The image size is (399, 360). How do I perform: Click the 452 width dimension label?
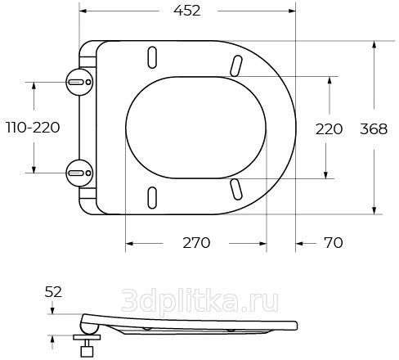(187, 11)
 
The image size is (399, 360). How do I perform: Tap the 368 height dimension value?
(374, 129)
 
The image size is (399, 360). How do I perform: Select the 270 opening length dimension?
(196, 243)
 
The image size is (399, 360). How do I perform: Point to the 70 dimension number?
(334, 242)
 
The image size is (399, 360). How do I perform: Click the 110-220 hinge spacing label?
(33, 128)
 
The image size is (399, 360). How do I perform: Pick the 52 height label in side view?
(53, 292)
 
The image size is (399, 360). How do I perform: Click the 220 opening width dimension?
(329, 129)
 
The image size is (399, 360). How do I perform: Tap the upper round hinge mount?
(79, 82)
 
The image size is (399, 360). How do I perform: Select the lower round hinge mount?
(79, 173)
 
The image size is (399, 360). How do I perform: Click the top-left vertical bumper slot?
(152, 57)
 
